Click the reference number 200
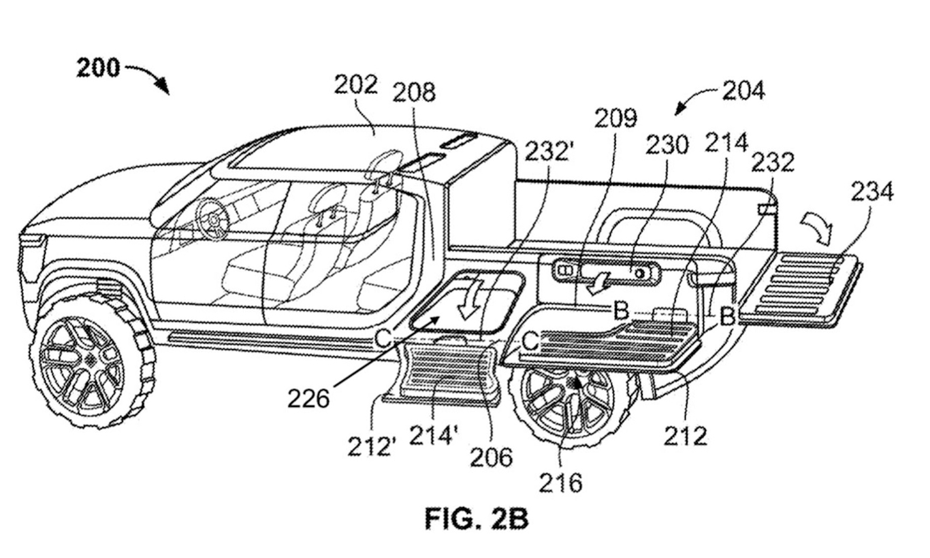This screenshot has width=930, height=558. click(99, 67)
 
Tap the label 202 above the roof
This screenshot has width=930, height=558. click(356, 86)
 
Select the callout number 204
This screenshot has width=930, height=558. click(743, 91)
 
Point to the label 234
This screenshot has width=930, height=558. click(872, 192)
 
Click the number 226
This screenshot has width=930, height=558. click(308, 399)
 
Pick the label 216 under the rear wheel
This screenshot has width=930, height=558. click(560, 482)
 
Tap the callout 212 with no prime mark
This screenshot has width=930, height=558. click(685, 436)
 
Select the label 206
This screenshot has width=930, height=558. click(491, 457)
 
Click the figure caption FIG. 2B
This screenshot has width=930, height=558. click(477, 519)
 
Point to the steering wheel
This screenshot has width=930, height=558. click(213, 219)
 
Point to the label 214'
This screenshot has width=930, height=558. click(434, 435)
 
